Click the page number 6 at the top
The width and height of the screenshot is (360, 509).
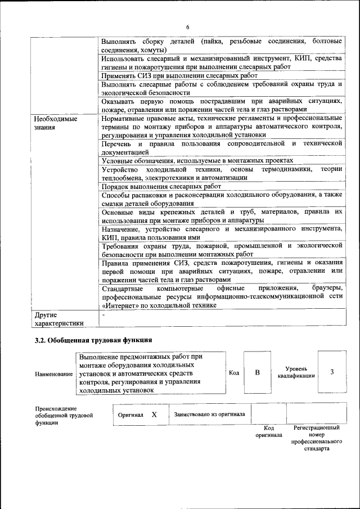point(188,28)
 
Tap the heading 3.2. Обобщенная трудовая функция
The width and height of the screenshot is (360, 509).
point(93,340)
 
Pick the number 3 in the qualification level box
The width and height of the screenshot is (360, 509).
point(332,372)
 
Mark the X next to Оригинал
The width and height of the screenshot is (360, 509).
point(154,415)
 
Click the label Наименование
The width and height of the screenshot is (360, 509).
point(53,374)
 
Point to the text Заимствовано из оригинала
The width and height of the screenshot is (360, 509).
point(209,415)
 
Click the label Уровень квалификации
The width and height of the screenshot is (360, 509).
point(292,372)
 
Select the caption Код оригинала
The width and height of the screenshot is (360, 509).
point(269,431)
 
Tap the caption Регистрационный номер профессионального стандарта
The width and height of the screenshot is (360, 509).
point(317,438)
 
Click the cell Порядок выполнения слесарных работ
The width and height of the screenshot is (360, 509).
point(161,186)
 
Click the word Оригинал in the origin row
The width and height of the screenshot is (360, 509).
point(130,415)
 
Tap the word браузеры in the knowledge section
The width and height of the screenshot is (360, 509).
point(327,289)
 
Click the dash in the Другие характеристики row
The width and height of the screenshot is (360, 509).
point(103,315)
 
